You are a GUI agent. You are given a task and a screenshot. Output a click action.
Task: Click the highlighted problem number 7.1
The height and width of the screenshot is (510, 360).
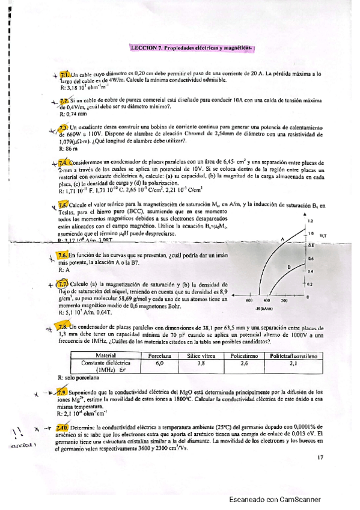[65, 73]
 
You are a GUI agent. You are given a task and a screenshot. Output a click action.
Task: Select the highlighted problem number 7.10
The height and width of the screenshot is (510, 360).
[64, 426]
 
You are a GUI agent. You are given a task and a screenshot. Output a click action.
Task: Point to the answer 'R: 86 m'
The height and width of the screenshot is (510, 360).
[69, 148]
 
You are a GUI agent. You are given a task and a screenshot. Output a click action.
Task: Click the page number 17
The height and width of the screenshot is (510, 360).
[320, 457]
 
